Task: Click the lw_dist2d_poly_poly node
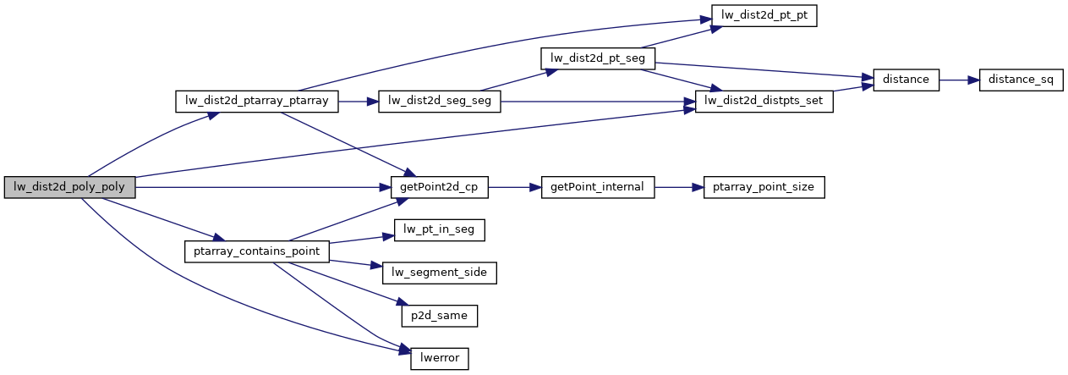click(69, 188)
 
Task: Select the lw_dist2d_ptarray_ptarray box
click(257, 102)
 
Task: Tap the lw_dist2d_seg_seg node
click(440, 102)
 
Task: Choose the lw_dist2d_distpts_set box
click(764, 102)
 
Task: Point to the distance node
click(906, 80)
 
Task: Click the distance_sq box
click(1021, 80)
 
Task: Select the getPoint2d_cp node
click(440, 188)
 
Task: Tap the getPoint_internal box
click(598, 188)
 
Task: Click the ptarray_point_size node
click(764, 188)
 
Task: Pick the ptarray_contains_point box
click(257, 251)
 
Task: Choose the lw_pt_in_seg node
click(440, 230)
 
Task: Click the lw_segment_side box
click(440, 273)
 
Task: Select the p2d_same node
click(440, 315)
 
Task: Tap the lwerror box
click(440, 358)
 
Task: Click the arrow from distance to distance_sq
click(958, 80)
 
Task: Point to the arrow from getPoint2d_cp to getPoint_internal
click(515, 188)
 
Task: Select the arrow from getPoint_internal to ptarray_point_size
click(679, 188)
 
